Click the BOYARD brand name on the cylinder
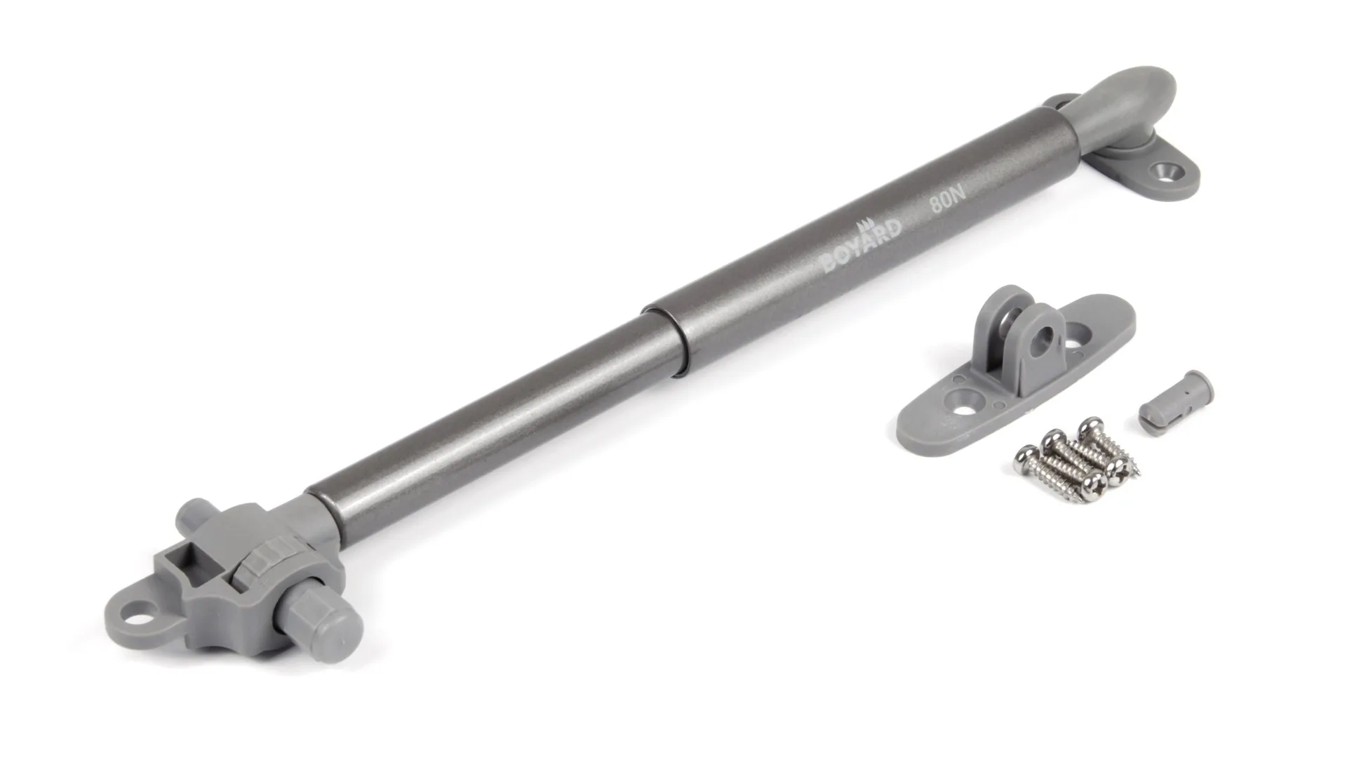point(862,246)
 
